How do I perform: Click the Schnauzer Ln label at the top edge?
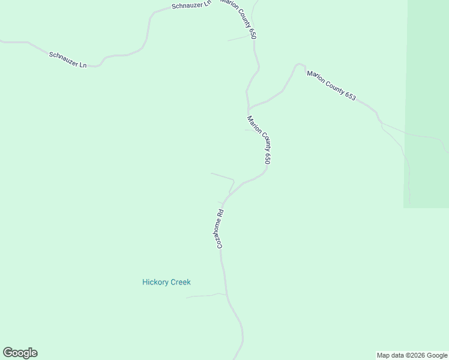[191, 5]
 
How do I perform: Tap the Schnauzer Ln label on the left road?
[68, 59]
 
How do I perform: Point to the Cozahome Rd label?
[220, 229]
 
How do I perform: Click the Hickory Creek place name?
[166, 282]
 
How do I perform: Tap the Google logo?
[20, 353]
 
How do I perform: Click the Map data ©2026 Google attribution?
[412, 355]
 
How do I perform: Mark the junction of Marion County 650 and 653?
[249, 108]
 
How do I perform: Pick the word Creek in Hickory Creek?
[179, 282]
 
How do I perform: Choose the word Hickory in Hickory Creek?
[155, 282]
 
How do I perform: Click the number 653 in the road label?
[350, 95]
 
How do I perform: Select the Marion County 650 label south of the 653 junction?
[259, 139]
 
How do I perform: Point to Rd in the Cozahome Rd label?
[221, 212]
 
